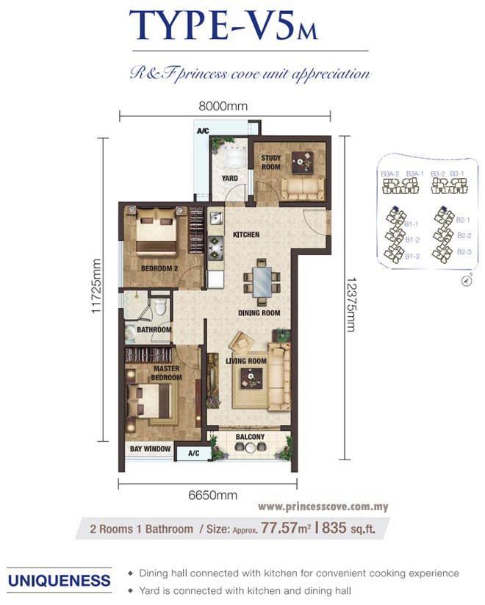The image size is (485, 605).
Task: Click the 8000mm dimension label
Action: coord(223,106)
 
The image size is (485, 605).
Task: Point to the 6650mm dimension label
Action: coord(212,495)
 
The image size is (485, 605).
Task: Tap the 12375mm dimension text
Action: coord(351,305)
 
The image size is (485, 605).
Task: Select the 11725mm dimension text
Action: coord(96,286)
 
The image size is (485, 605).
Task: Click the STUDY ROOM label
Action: coord(271,162)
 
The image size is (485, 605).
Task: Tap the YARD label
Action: coord(229,178)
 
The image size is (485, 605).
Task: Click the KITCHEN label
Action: coord(246,235)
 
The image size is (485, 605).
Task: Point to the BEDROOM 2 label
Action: coord(159,268)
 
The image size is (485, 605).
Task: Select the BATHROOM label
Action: coord(154,330)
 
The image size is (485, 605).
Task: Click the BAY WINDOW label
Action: coord(150,448)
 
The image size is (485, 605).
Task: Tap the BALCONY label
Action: coord(250,437)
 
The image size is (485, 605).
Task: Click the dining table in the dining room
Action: coord(262,282)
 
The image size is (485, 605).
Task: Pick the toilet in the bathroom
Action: coord(159,307)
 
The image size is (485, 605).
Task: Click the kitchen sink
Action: coord(215,218)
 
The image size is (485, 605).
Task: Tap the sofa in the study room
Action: coord(303,188)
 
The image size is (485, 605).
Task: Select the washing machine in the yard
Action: coord(234,157)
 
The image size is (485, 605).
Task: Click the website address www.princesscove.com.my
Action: coord(323,506)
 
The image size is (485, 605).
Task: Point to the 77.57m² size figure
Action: coord(286,528)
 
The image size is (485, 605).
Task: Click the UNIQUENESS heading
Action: coord(59,581)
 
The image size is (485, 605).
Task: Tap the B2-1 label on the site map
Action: coord(463,220)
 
